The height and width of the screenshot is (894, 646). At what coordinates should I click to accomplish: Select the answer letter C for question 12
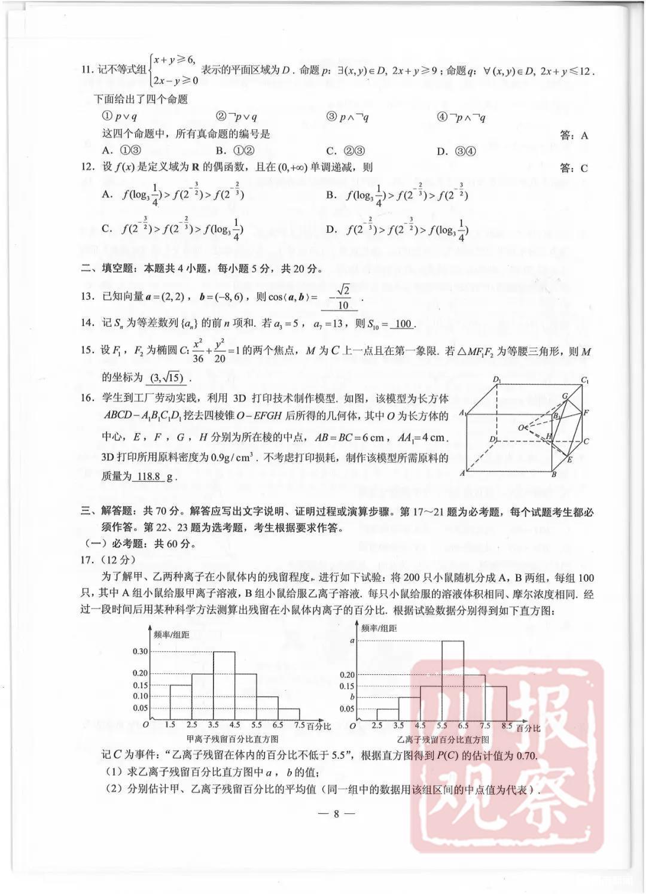click(583, 169)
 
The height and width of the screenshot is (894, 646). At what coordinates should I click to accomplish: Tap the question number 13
click(87, 296)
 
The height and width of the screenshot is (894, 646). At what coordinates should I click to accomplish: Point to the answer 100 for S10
click(403, 324)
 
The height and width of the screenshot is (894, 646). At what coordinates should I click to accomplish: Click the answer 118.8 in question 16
click(149, 476)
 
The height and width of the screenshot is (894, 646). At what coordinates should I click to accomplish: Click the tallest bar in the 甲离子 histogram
click(224, 685)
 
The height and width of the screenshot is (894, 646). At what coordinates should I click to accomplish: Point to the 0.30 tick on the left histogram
click(139, 652)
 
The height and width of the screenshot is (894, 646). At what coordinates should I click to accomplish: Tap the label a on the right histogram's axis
click(352, 640)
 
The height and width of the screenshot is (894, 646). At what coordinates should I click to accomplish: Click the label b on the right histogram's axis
click(352, 697)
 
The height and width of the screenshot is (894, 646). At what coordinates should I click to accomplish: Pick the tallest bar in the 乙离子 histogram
click(452, 680)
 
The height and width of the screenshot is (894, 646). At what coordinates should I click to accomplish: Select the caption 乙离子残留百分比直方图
click(443, 740)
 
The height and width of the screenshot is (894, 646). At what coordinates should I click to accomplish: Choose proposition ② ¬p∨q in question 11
click(236, 117)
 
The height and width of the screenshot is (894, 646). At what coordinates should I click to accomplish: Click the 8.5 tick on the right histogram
click(507, 726)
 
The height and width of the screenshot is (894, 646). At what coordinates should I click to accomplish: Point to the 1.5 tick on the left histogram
click(170, 725)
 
